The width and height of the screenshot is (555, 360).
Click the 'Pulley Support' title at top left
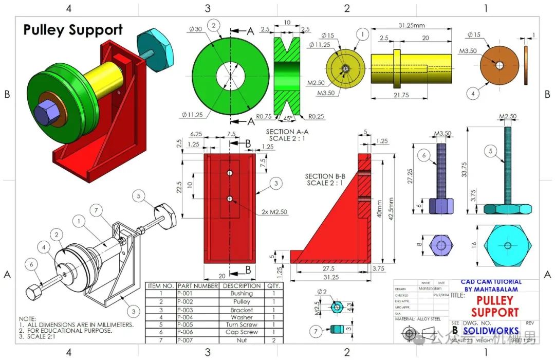click(73, 30)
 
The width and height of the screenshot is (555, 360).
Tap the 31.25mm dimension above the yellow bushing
click(411, 25)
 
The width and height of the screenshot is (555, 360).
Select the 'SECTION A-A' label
click(287, 132)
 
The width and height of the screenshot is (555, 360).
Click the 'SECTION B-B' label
click(325, 176)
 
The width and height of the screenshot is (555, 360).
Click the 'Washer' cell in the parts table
click(242, 317)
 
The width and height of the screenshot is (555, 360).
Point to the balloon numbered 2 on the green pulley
click(214, 25)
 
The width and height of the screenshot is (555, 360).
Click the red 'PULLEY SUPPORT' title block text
click(495, 306)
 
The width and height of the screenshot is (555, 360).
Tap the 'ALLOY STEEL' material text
click(429, 319)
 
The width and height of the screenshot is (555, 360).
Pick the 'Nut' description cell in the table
click(242, 340)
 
